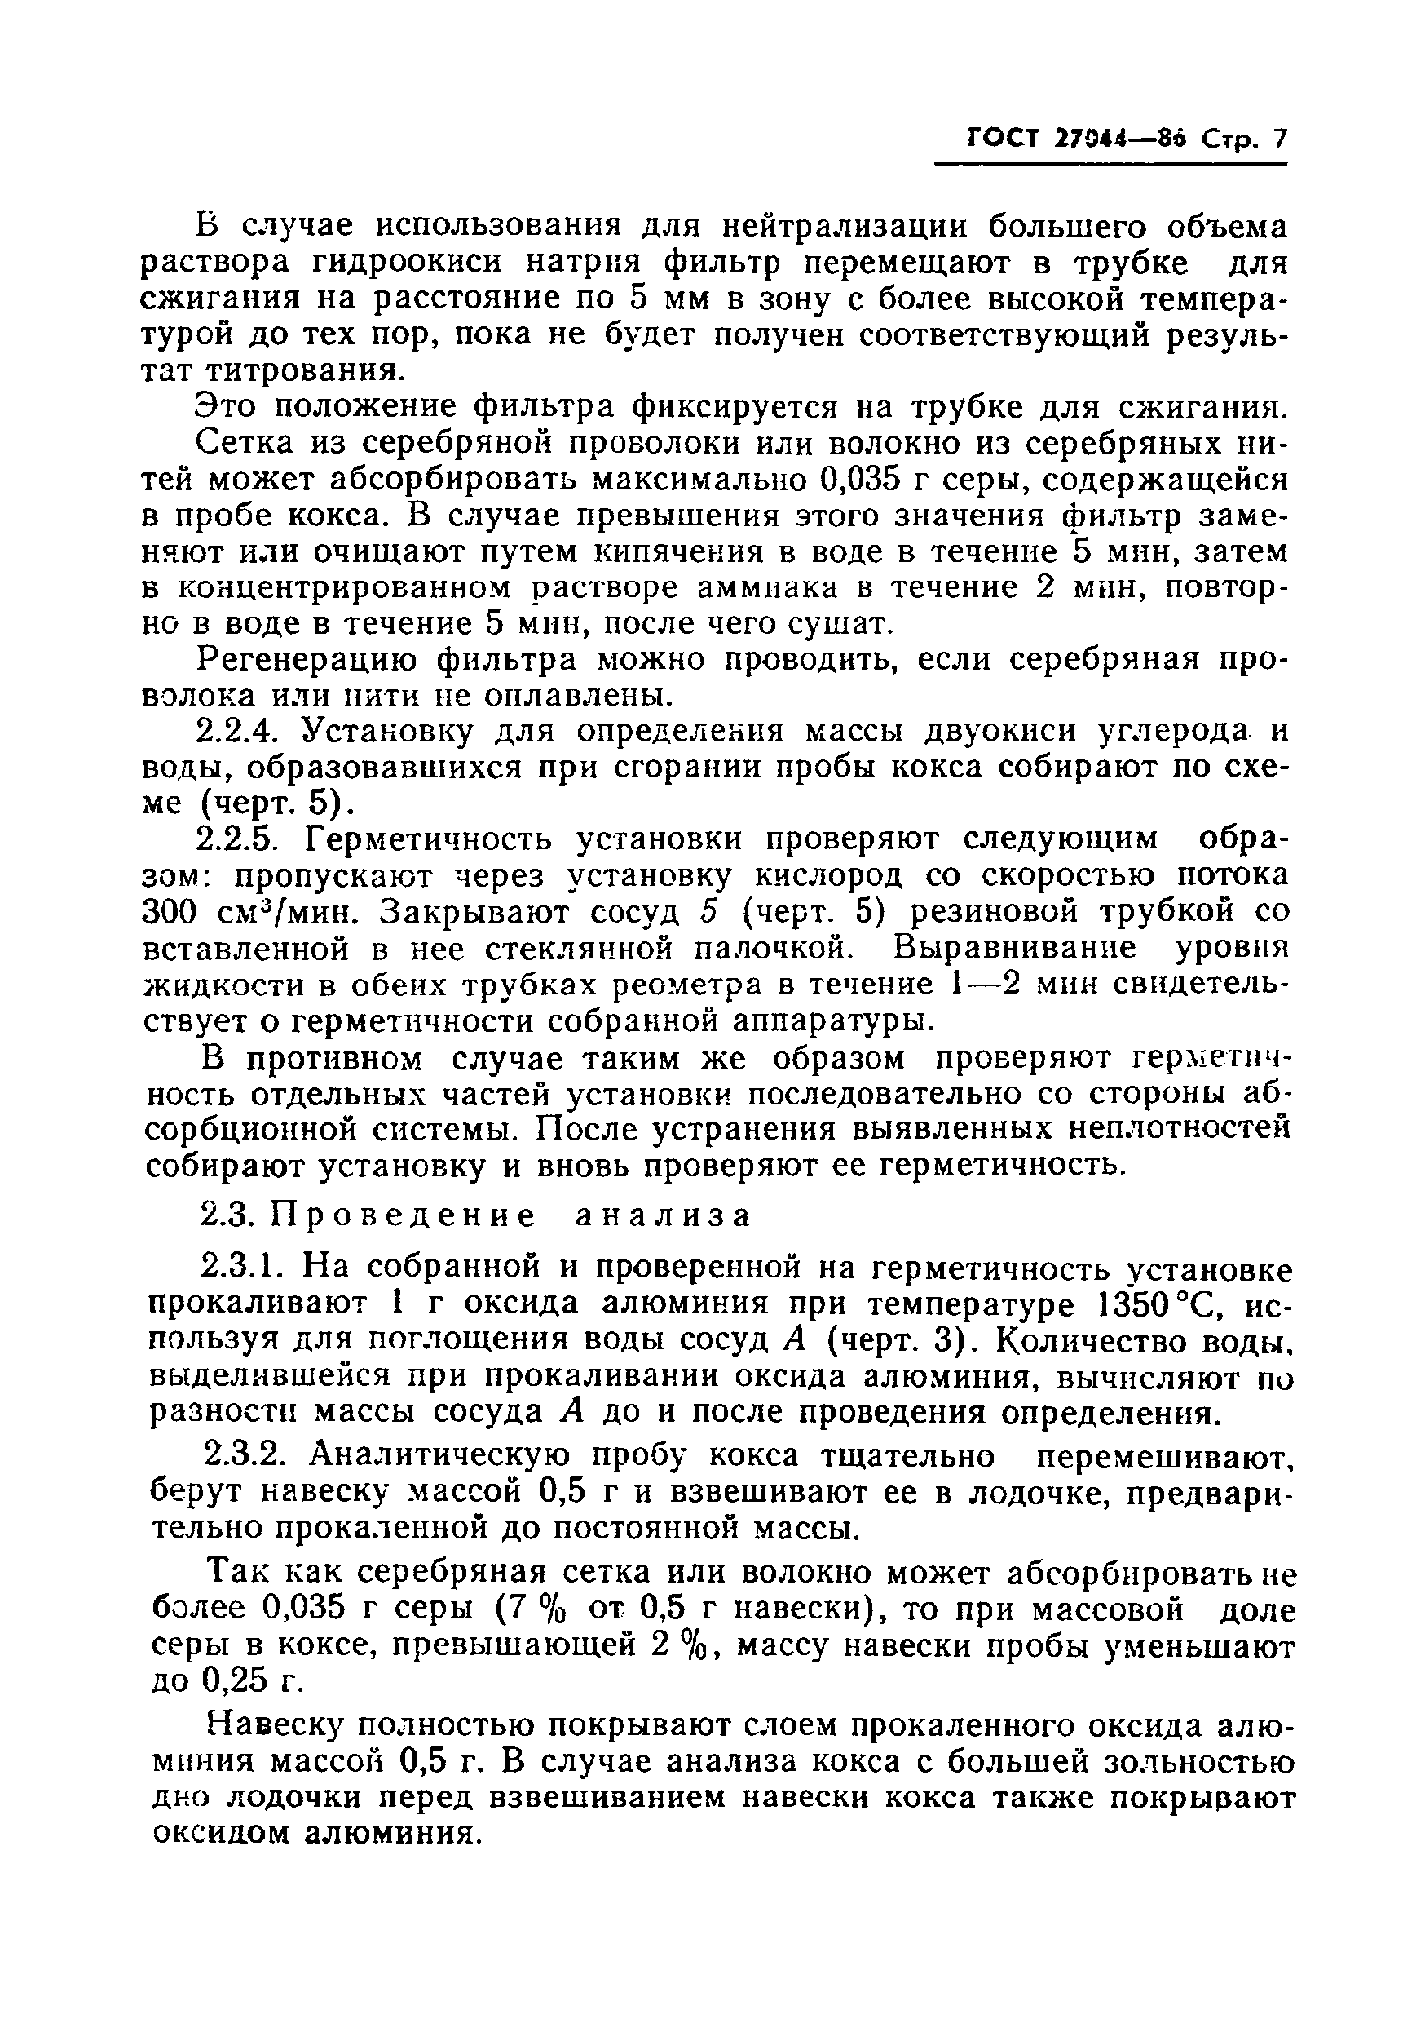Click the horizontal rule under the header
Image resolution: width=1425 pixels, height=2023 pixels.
coord(1110,165)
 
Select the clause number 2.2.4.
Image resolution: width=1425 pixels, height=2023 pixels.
coord(240,733)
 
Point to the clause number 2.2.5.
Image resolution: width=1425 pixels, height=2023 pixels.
coord(240,840)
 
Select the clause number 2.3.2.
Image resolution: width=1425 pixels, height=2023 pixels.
coord(240,1455)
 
